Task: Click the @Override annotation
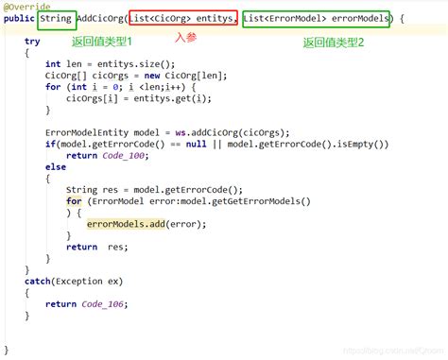point(26,6)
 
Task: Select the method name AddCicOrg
point(99,18)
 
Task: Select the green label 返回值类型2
point(334,43)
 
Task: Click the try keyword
point(32,42)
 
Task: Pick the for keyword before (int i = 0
point(52,87)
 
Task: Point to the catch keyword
point(38,281)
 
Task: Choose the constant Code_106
point(103,303)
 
